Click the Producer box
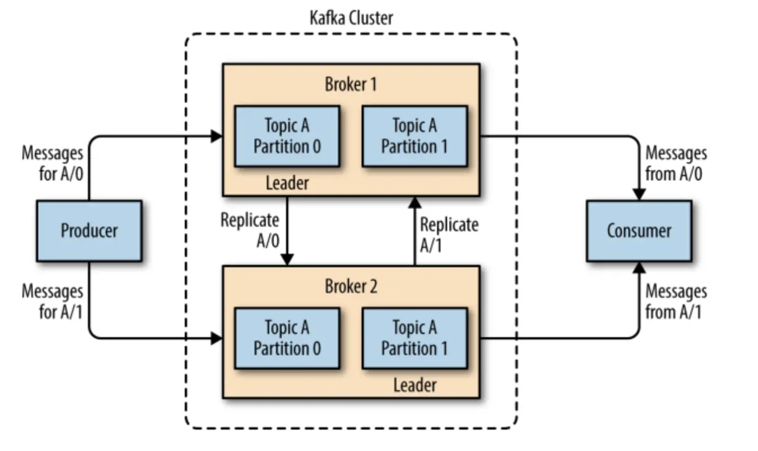pyautogui.click(x=89, y=231)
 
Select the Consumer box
pyautogui.click(x=639, y=231)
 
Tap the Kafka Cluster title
pyautogui.click(x=351, y=17)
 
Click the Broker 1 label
pyautogui.click(x=351, y=85)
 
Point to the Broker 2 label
pyautogui.click(x=351, y=286)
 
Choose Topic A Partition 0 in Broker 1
pyautogui.click(x=287, y=136)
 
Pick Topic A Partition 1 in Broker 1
pyautogui.click(x=414, y=136)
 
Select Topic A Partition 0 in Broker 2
pyautogui.click(x=287, y=338)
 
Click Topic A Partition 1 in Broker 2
pyautogui.click(x=414, y=338)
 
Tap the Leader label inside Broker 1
pyautogui.click(x=287, y=183)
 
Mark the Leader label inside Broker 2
pyautogui.click(x=414, y=386)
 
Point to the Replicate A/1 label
pyautogui.click(x=449, y=235)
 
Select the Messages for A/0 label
pyautogui.click(x=52, y=163)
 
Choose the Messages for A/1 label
pyautogui.click(x=52, y=302)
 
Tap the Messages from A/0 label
pyautogui.click(x=675, y=163)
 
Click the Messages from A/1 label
pyautogui.click(x=675, y=302)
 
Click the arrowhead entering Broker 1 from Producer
pyautogui.click(x=217, y=136)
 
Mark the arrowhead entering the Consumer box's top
pyautogui.click(x=639, y=193)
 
